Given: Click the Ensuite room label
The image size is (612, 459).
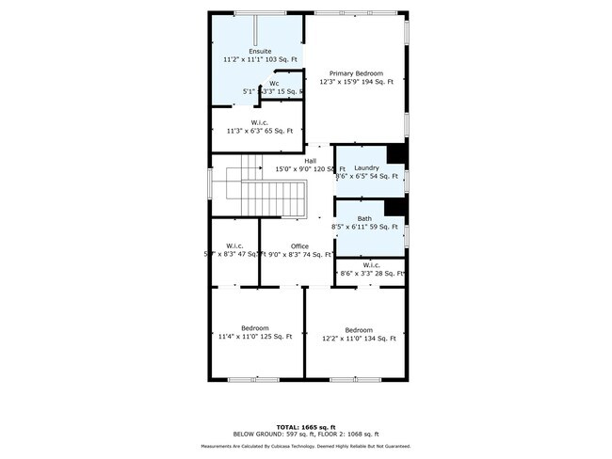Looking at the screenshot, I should [260, 50].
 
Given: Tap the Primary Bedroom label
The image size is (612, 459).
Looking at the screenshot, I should [356, 72].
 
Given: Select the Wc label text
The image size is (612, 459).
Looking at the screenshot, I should [274, 84].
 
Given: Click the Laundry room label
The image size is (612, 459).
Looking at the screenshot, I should [366, 167].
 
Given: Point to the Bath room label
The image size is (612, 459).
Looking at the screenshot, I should [364, 218].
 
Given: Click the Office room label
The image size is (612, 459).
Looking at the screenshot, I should [299, 246].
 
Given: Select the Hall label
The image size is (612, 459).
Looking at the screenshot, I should [310, 161].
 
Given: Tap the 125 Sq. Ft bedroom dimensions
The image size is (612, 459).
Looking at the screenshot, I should [255, 337].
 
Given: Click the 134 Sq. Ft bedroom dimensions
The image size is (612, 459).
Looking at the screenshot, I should [359, 339].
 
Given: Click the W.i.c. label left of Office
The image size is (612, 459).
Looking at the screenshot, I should [235, 246].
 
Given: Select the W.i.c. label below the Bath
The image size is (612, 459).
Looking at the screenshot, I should [371, 264].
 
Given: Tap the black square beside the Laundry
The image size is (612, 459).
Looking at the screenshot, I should [396, 154].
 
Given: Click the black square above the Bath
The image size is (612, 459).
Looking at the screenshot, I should [396, 206].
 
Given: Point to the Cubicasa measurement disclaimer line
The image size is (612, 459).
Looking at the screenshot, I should [306, 446].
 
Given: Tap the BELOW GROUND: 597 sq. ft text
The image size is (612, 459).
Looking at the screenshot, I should [273, 434].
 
